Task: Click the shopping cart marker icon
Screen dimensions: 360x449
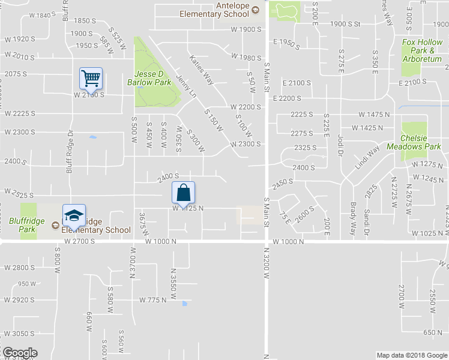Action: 91,77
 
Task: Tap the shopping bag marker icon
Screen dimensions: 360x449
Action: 184,193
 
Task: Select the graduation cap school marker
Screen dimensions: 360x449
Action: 74,215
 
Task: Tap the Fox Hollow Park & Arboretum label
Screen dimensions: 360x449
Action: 422,50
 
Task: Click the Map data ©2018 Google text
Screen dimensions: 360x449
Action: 411,355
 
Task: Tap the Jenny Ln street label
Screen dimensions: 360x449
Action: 187,86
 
